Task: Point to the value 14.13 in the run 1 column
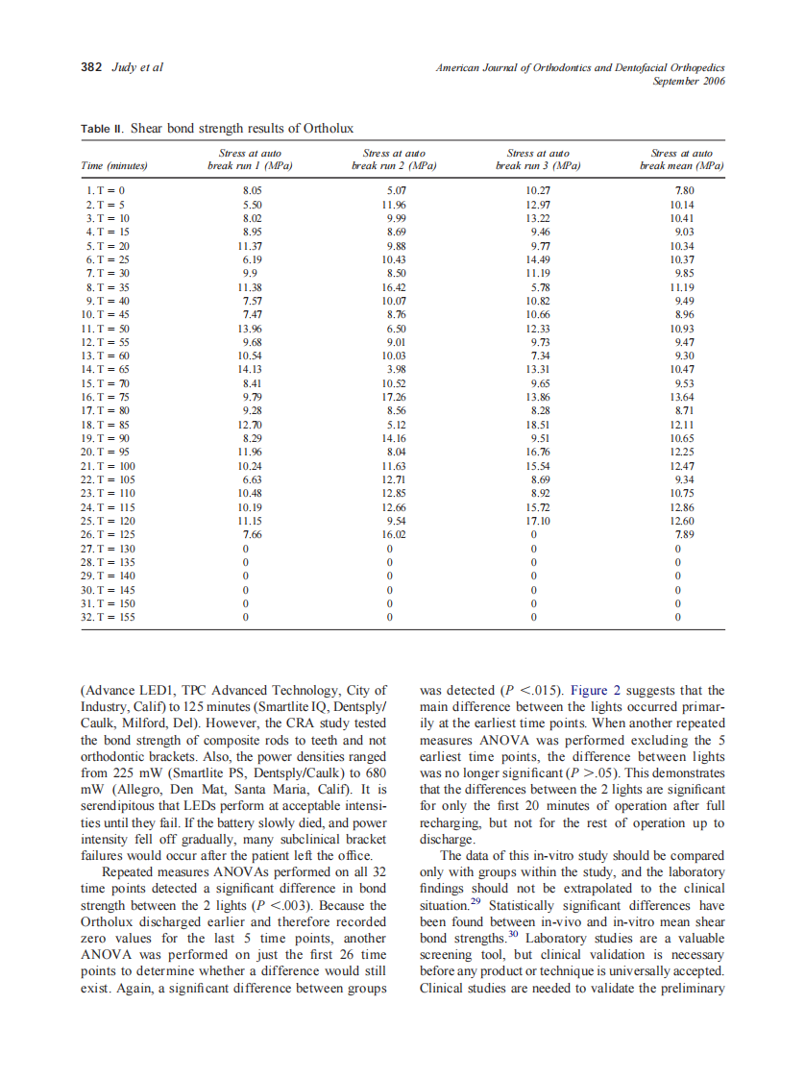click(x=251, y=369)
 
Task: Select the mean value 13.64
click(x=682, y=397)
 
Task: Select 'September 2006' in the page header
click(x=688, y=82)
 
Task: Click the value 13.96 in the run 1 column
click(x=251, y=329)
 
